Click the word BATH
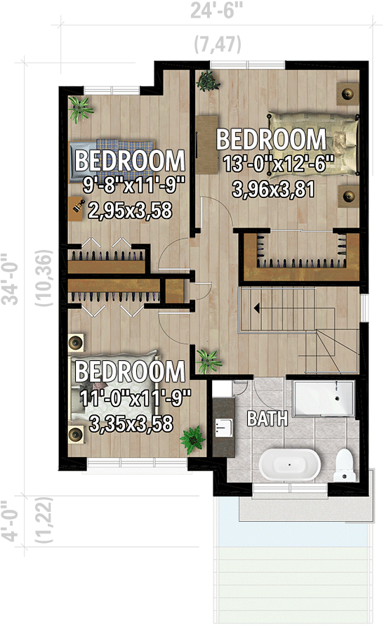tap(267, 419)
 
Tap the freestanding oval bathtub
tap(290, 465)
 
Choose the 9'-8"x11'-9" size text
tap(131, 185)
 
